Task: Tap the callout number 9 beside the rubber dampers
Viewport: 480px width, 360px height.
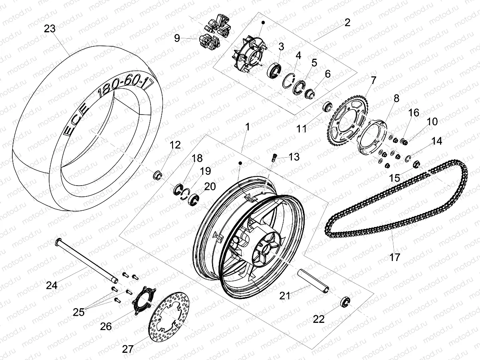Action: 177,38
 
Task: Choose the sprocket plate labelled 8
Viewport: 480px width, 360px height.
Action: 373,135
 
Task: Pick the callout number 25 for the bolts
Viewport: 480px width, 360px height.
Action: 79,312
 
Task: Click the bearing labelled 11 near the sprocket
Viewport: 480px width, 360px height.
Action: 327,107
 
